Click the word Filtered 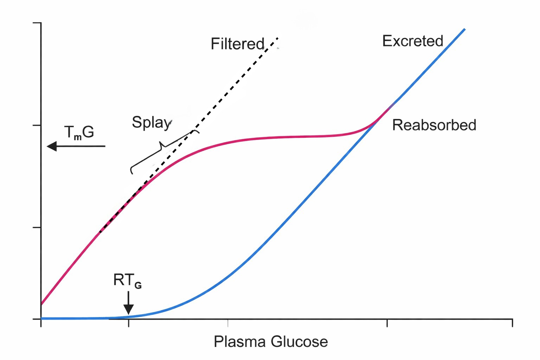point(237,44)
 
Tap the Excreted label point(412,41)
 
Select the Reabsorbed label point(434,125)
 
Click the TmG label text point(79,133)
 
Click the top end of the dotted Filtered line point(277,38)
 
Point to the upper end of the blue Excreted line point(464,29)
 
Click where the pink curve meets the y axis point(41,304)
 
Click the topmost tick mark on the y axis point(37,23)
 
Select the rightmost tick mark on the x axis point(512,323)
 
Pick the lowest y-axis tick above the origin point(37,227)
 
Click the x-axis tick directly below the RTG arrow point(129,323)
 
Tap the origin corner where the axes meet point(41,319)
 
